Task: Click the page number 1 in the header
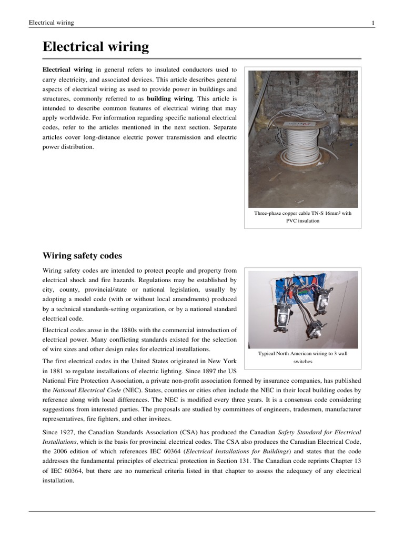372,23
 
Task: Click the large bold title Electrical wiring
95,47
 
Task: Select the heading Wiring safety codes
82,256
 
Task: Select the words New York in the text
224,362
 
